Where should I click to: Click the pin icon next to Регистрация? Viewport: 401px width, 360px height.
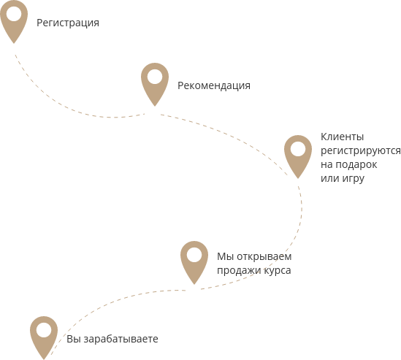[x=14, y=22]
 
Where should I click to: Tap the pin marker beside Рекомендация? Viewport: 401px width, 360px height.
[x=155, y=85]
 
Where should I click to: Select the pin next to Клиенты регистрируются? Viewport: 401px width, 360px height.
[x=298, y=157]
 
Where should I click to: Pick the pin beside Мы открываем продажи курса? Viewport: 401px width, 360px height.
[x=194, y=263]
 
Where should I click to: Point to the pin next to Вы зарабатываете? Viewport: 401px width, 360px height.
[x=44, y=338]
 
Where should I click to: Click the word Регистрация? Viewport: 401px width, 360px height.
[x=68, y=23]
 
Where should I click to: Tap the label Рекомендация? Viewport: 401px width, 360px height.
[x=214, y=85]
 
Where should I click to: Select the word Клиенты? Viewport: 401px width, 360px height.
[x=342, y=137]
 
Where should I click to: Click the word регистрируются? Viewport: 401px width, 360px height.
[x=361, y=151]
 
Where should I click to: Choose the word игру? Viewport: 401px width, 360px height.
[x=354, y=179]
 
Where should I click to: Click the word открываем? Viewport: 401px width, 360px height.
[x=264, y=257]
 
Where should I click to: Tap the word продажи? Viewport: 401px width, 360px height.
[x=239, y=270]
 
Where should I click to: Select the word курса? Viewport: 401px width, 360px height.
[x=278, y=271]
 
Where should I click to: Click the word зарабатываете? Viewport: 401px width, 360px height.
[x=121, y=340]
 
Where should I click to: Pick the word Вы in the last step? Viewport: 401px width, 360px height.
[x=74, y=340]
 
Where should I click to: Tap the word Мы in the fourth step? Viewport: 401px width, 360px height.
[x=225, y=257]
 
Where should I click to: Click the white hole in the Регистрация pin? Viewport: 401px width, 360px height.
[x=14, y=14]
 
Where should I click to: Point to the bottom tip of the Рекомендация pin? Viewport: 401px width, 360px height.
[x=155, y=106]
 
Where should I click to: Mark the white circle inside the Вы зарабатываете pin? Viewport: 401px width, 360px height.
[x=44, y=329]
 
